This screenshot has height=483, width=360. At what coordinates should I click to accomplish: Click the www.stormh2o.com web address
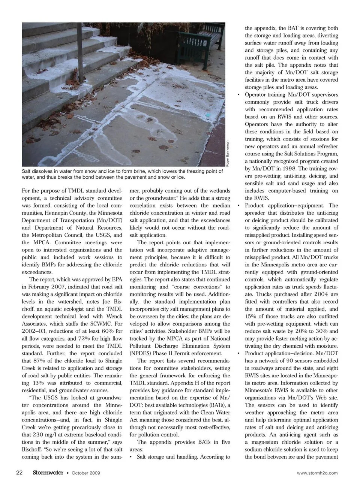317,473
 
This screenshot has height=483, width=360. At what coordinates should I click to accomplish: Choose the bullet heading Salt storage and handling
166,457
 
